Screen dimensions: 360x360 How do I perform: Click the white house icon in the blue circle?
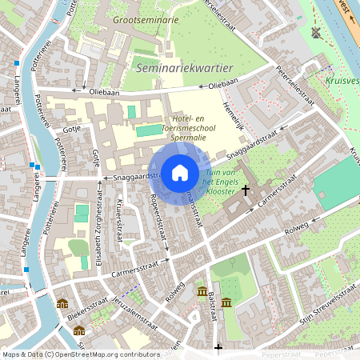pos(179,173)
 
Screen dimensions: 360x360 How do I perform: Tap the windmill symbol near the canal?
pos(315,33)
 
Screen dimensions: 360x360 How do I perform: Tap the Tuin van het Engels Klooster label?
pos(219,183)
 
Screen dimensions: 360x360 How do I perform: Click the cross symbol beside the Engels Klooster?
pos(246,190)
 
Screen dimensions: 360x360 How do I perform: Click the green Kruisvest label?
pos(342,81)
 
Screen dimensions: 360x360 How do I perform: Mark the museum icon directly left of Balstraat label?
pos(202,290)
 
